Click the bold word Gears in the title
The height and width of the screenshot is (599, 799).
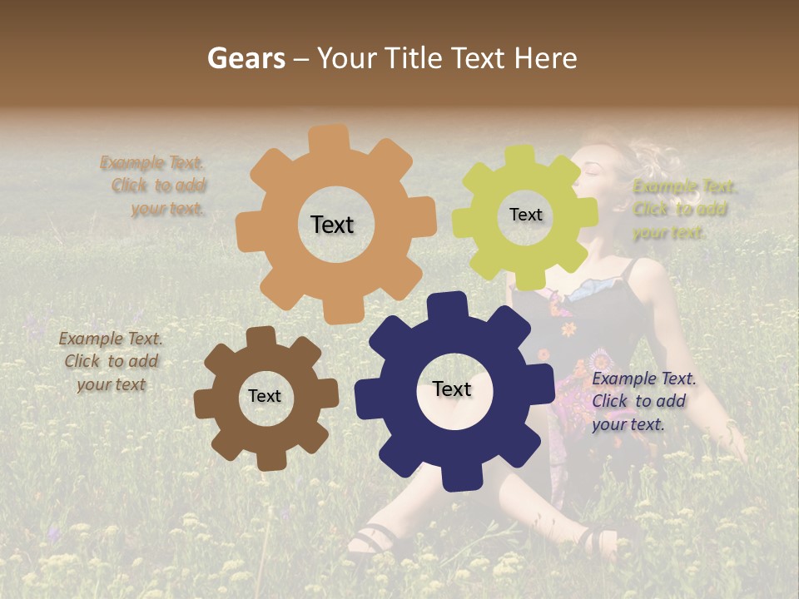coord(246,58)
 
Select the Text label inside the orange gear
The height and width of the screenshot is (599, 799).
coord(332,225)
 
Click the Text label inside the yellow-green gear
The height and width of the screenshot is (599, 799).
coord(525,215)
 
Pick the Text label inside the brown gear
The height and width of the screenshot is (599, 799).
coord(265,397)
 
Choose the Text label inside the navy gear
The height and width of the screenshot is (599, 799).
coord(452,389)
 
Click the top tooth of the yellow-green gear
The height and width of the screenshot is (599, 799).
coord(519,156)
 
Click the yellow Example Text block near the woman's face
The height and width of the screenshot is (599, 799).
coord(682,209)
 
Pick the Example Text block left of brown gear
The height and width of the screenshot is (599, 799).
coord(111,362)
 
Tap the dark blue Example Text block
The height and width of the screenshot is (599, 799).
coord(643,402)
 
